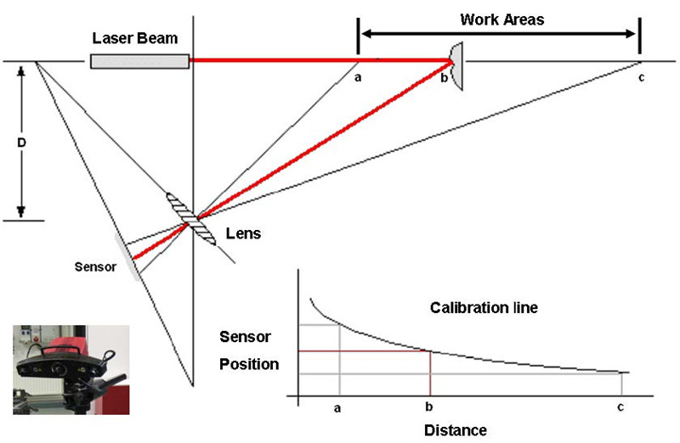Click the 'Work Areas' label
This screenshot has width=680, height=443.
click(502, 19)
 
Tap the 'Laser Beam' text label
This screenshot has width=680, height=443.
click(135, 39)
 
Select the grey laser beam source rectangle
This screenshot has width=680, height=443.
click(139, 61)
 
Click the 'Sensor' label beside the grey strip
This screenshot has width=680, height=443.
click(93, 264)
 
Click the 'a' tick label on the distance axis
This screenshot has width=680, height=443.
click(337, 408)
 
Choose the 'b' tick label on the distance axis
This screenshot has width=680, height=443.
click(429, 408)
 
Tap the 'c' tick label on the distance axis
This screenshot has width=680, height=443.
click(620, 408)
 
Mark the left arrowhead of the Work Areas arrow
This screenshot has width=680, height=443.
click(364, 34)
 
